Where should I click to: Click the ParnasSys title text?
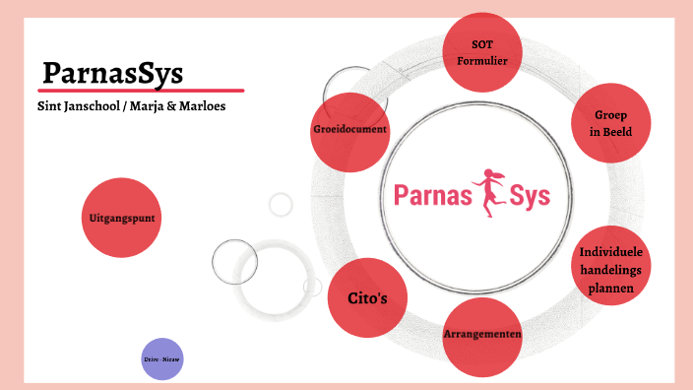point(112,74)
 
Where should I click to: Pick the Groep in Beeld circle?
point(610,122)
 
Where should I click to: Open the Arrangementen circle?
point(481,336)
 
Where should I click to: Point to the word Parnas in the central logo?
point(429,194)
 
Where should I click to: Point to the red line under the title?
point(142,91)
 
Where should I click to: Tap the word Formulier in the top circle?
point(481,59)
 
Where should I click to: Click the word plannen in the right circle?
point(612,288)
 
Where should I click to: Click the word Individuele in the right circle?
point(612,250)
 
